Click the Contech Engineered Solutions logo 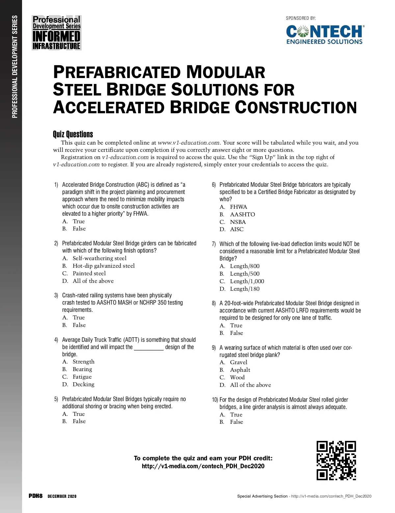pos(325,34)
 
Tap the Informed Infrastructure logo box pos(57,33)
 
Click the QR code pos(336,460)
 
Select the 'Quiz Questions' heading pos(73,134)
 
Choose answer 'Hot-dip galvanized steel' pos(103,266)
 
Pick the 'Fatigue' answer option pos(82,377)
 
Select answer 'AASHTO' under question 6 pos(242,214)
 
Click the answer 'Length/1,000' pos(247,281)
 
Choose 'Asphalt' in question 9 pos(240,370)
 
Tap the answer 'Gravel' pos(238,362)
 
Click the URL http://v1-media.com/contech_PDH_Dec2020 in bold pos(203,466)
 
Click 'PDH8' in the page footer pos(36,496)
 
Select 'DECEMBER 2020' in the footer pos(62,496)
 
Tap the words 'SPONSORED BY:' pos(301,18)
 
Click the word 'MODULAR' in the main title pos(225,72)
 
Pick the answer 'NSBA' pos(238,222)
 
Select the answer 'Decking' pos(83,384)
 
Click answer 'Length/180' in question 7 pos(245,289)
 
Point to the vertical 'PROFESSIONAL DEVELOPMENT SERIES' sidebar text pos(14,67)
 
